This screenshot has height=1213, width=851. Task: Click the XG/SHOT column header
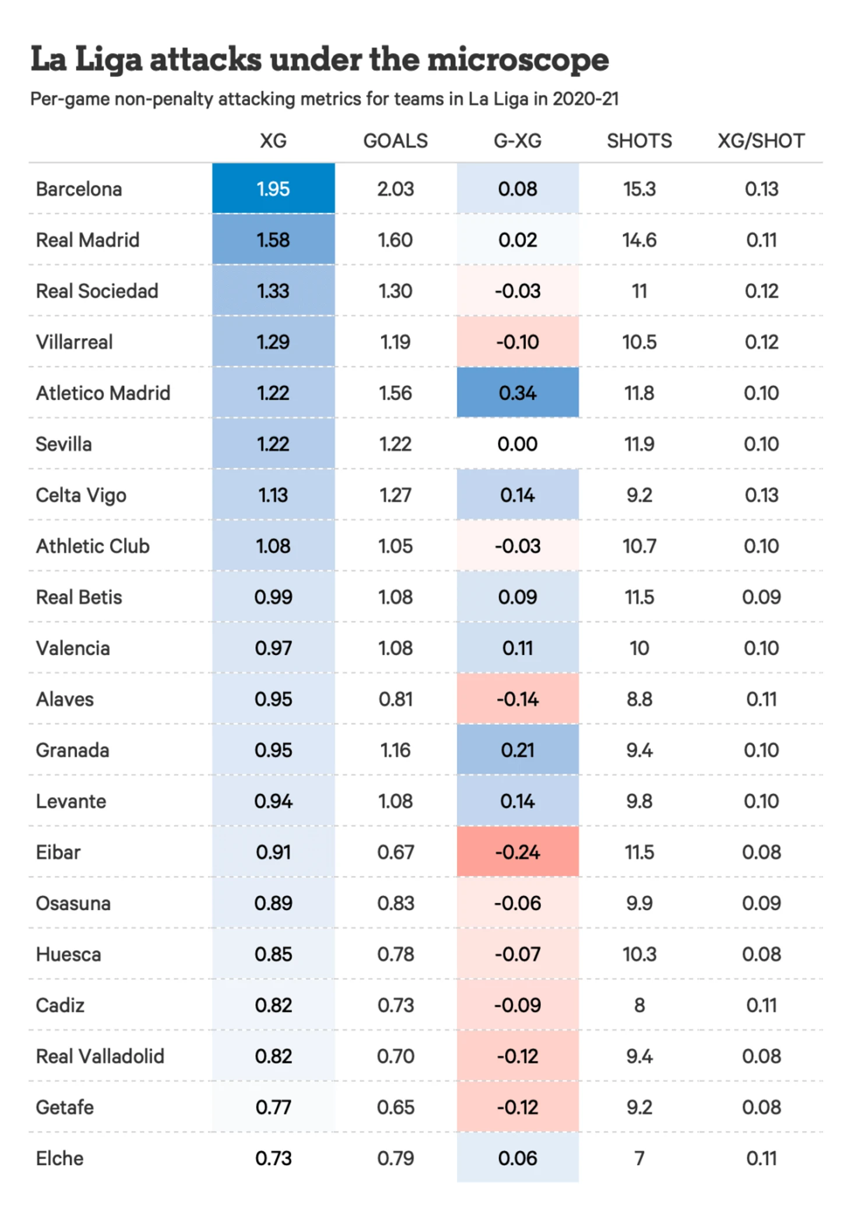761,141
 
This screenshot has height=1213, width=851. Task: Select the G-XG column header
518,141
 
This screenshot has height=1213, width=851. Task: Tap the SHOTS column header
639,141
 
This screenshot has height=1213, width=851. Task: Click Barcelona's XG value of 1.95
273,189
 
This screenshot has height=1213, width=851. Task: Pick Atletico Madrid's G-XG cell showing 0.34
518,393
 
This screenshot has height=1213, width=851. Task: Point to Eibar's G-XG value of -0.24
518,852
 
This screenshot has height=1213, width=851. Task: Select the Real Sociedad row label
97,291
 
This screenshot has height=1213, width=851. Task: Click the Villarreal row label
74,342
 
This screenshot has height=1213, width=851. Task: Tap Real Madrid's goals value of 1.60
395,240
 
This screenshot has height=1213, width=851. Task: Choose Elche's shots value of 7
639,1158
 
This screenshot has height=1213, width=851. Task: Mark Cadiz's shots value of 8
639,1005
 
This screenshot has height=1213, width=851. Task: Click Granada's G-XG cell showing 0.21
518,750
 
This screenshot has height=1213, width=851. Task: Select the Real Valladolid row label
100,1056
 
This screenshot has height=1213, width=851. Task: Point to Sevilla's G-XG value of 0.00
518,444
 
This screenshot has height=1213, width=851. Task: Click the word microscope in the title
518,59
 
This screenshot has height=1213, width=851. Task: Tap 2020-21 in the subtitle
585,99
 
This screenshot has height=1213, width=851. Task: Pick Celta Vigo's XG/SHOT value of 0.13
761,495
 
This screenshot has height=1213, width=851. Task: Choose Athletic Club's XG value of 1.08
273,546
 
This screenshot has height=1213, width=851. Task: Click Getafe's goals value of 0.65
395,1107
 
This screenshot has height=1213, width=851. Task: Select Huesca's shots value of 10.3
639,954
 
